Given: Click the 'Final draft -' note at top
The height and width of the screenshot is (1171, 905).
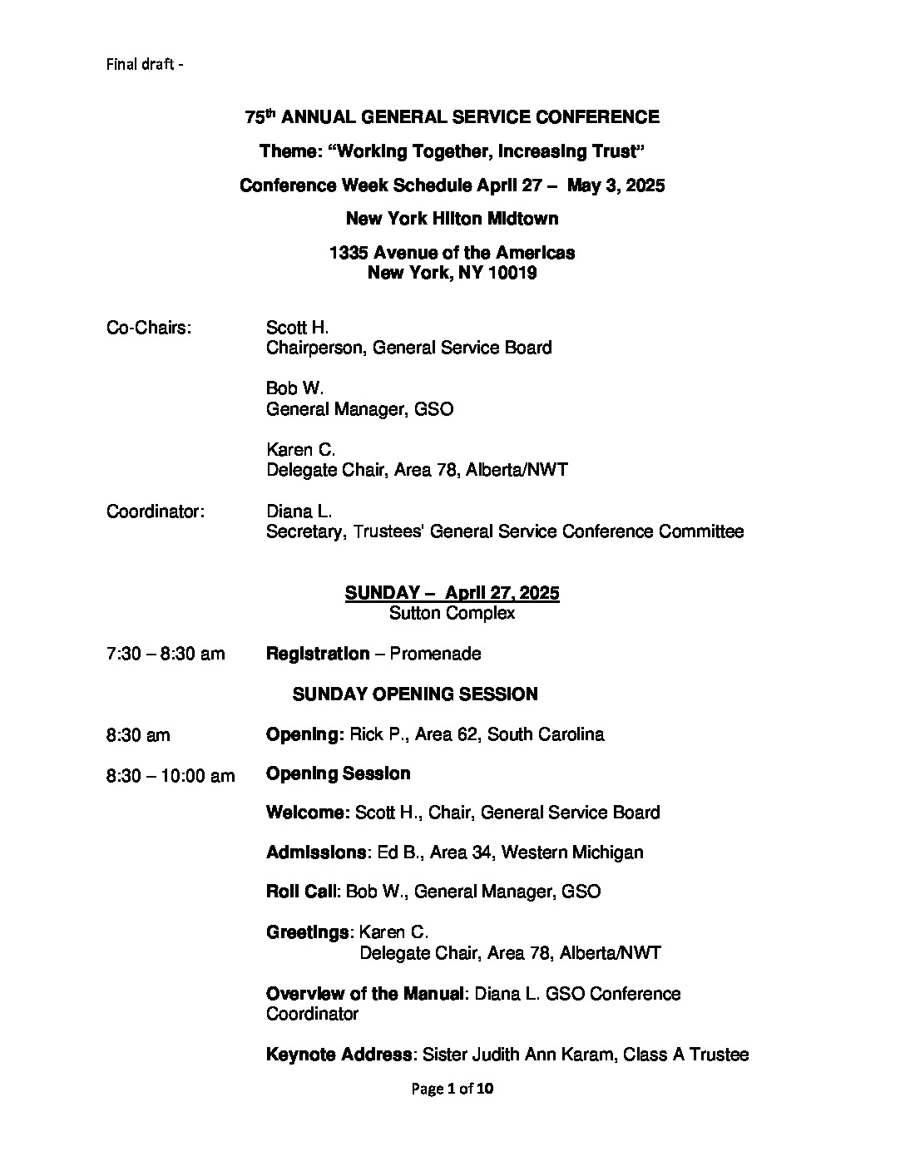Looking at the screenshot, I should tap(145, 64).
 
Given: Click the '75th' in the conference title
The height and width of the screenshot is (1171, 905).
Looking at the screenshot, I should tap(260, 117).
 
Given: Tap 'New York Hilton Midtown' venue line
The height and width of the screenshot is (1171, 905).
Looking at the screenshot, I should tap(452, 219).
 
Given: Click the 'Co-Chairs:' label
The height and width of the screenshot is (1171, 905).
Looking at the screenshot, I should tap(149, 328).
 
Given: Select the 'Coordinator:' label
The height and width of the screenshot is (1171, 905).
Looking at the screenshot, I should tap(156, 511).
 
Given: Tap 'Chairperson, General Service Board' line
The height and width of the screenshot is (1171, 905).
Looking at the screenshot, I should tap(408, 348).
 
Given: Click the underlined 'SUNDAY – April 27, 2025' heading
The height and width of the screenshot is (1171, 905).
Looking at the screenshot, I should tap(452, 593).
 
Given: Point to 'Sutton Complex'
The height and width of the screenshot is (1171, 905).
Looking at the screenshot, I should tap(452, 613).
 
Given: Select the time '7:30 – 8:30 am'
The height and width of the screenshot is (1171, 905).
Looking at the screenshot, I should tap(166, 654).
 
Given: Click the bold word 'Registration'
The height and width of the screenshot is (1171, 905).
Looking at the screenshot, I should tap(318, 654).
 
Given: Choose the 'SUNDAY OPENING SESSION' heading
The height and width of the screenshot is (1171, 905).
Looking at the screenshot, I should tap(415, 694).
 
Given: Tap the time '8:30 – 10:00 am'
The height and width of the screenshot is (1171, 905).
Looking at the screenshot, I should tap(171, 776).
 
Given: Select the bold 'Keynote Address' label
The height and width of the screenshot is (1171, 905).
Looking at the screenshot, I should tap(339, 1055).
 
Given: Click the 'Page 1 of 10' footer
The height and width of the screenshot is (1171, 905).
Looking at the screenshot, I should tap(452, 1088).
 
